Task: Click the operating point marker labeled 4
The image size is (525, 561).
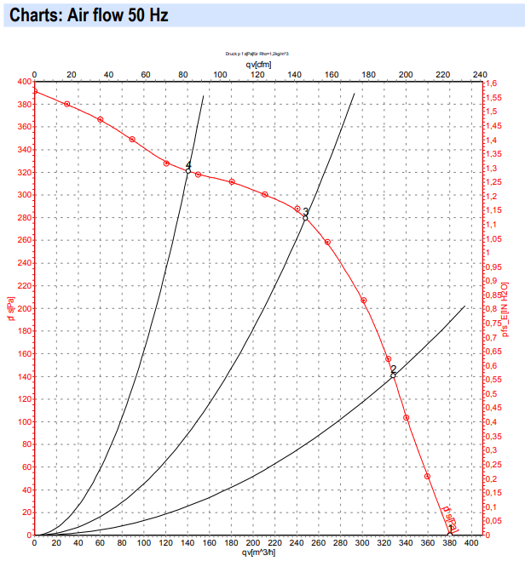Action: coord(188,170)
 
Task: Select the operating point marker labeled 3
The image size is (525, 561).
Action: coord(305,218)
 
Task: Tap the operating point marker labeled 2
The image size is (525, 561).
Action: coord(393,375)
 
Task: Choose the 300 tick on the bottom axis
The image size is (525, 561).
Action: coord(362,542)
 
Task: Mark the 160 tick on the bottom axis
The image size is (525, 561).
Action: coord(209,542)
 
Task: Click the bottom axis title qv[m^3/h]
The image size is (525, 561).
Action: coord(259,552)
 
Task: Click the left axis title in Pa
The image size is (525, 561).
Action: coord(9,309)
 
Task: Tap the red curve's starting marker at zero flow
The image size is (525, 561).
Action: coord(35,91)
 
